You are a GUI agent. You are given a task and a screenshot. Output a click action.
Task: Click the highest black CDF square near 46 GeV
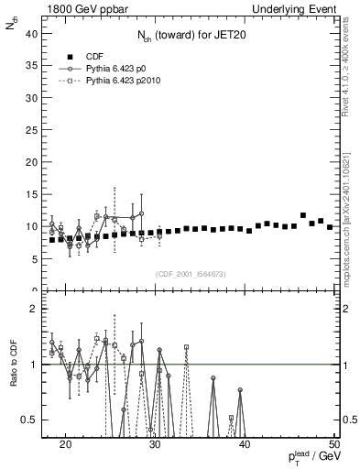302,215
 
